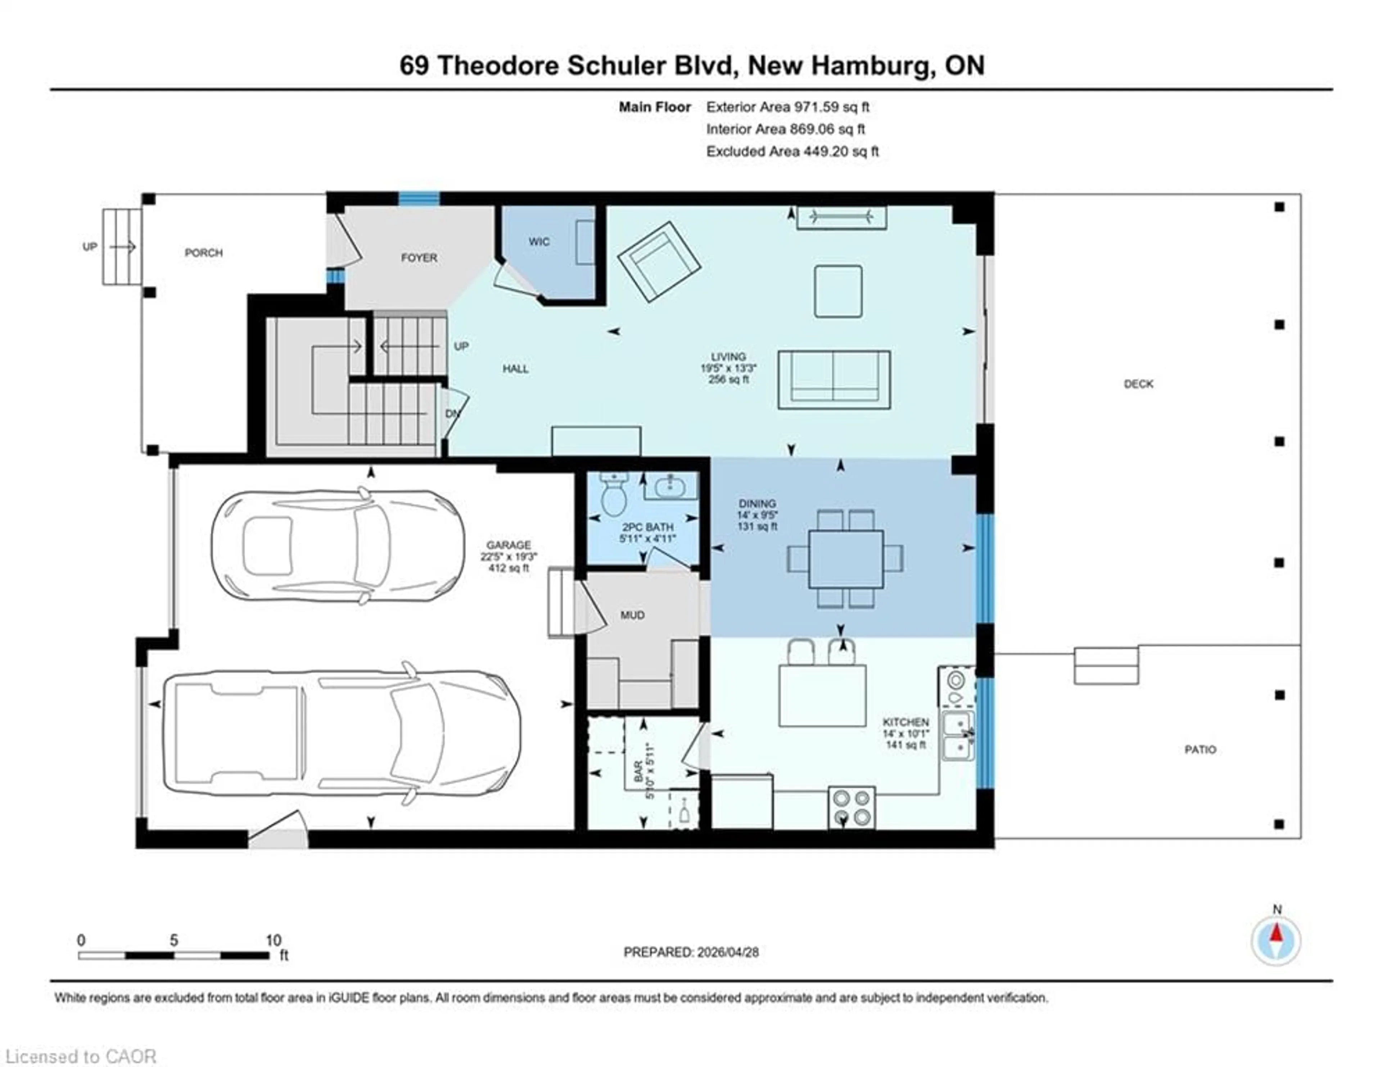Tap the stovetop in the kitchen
(x=852, y=807)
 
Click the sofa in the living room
(x=834, y=380)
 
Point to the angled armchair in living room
(x=659, y=261)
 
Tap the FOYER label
(x=419, y=258)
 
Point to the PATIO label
(x=1200, y=749)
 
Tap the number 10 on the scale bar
(x=274, y=940)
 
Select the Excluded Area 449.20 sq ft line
(x=792, y=151)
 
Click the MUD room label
(x=632, y=615)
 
